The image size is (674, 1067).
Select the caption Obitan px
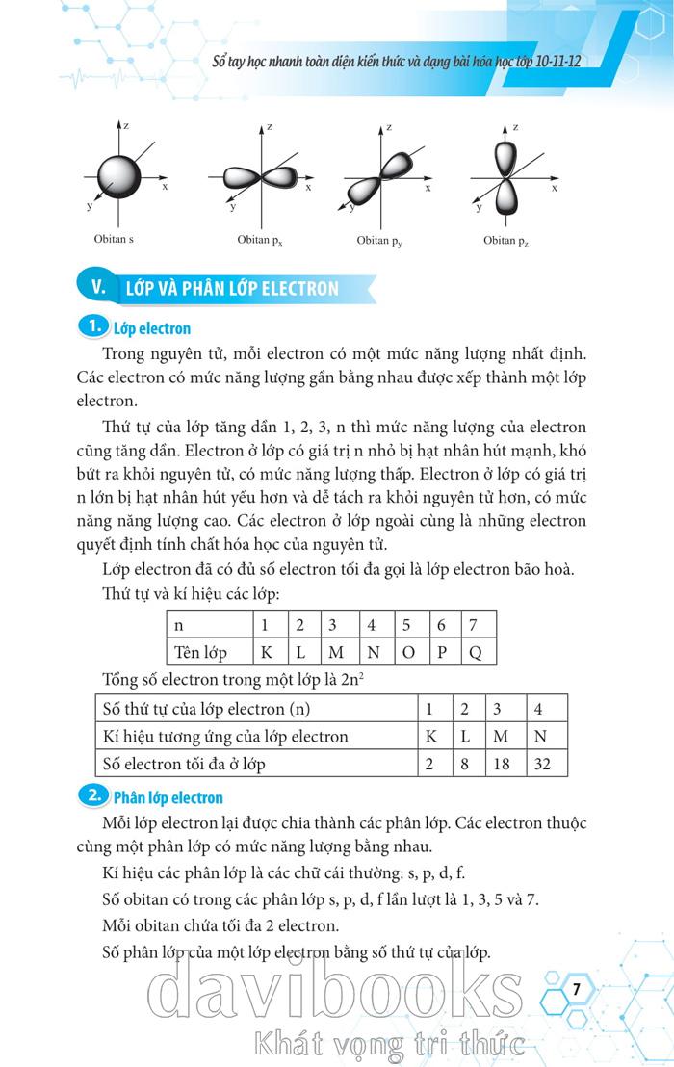pos(260,240)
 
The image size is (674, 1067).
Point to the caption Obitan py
pos(379,240)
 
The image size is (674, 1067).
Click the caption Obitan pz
pos(505,240)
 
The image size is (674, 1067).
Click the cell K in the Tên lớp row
pos(267,652)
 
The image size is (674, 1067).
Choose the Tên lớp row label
pos(200,652)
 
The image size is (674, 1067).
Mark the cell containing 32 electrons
pos(544,764)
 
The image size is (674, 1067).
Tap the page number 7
pos(576,989)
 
